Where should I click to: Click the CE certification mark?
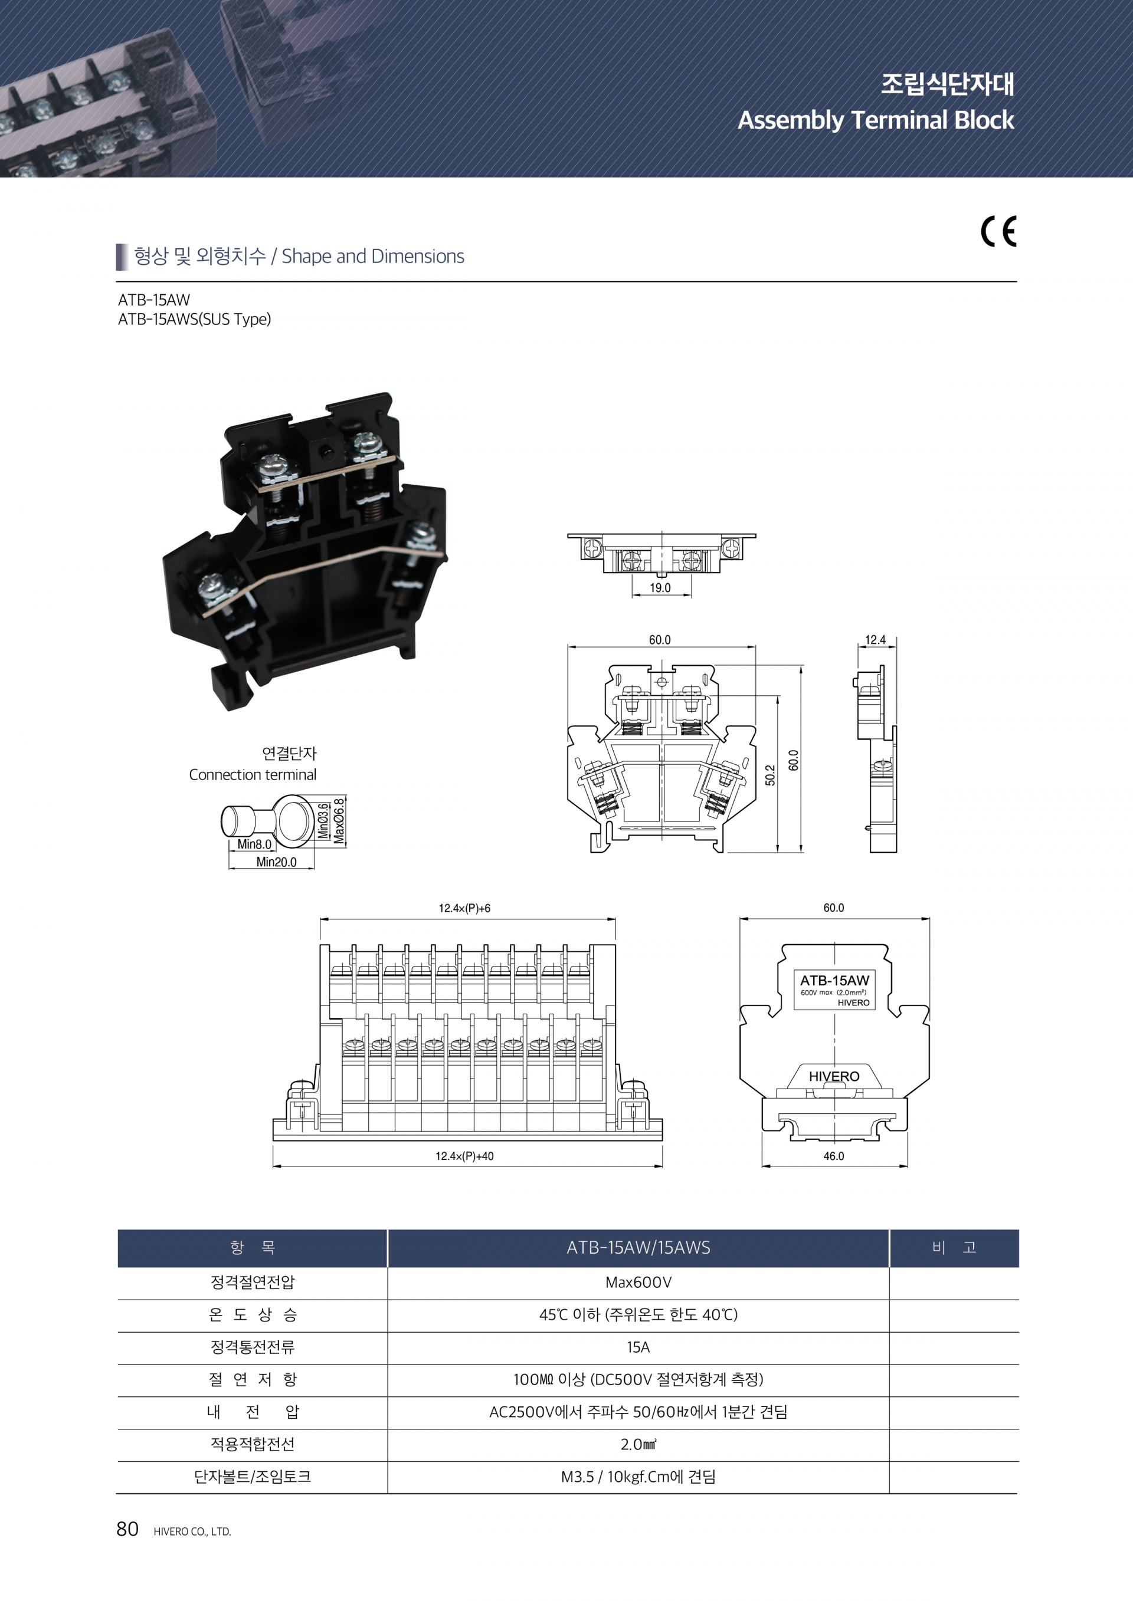click(x=998, y=232)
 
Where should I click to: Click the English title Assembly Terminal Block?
click(x=876, y=120)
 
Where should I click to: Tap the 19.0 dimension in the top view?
click(x=660, y=587)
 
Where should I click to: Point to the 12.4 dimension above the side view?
click(x=876, y=639)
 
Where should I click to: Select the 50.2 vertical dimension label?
click(x=770, y=775)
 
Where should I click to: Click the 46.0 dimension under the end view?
click(x=834, y=1156)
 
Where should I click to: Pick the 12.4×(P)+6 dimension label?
click(x=464, y=908)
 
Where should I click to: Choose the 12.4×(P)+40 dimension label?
click(x=464, y=1156)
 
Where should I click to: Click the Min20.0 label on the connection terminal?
click(x=276, y=862)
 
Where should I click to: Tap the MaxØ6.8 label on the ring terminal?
click(x=339, y=821)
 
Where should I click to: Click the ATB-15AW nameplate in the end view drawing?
click(x=834, y=989)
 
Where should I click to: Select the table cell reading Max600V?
click(x=638, y=1283)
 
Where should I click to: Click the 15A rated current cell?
click(x=638, y=1347)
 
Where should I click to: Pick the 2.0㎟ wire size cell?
click(x=638, y=1444)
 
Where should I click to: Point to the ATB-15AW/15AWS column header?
click(x=638, y=1247)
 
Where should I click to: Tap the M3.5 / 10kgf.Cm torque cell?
click(x=638, y=1477)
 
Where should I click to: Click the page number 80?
click(x=127, y=1529)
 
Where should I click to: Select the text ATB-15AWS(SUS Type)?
click(x=195, y=320)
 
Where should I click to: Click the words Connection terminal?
click(x=253, y=775)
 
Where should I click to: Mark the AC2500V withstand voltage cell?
click(x=638, y=1412)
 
